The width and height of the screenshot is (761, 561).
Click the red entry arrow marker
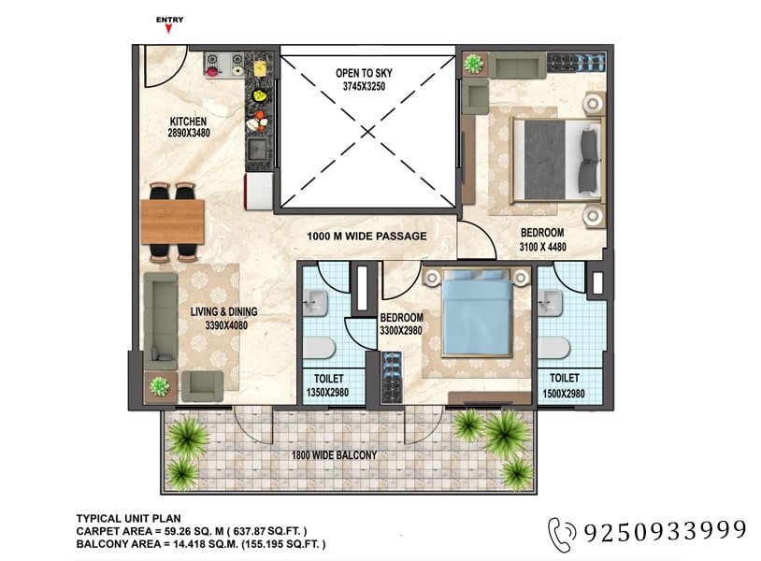click(168, 29)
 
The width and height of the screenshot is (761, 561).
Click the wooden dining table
click(172, 222)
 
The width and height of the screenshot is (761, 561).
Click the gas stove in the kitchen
click(224, 65)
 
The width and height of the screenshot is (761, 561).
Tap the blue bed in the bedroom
click(477, 313)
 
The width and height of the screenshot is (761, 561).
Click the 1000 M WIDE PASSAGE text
click(366, 237)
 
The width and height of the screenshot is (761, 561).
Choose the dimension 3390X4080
click(226, 325)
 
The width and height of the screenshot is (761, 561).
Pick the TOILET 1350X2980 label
click(328, 385)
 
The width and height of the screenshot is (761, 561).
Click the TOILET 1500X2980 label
click(564, 385)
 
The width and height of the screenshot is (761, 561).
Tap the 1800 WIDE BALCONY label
click(334, 455)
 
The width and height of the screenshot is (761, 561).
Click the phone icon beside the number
click(562, 534)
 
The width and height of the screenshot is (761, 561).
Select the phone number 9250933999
click(665, 531)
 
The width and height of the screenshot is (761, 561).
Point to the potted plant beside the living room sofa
click(159, 386)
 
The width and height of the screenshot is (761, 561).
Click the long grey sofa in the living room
click(161, 321)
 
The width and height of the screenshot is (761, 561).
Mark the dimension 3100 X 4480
click(542, 247)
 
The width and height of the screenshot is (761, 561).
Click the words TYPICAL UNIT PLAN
click(129, 519)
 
